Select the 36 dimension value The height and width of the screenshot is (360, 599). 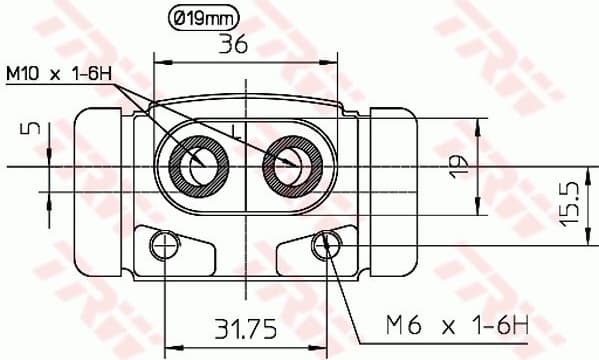233,44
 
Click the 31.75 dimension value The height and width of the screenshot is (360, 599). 244,327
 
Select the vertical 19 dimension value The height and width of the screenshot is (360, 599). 459,166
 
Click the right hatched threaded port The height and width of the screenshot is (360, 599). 290,160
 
